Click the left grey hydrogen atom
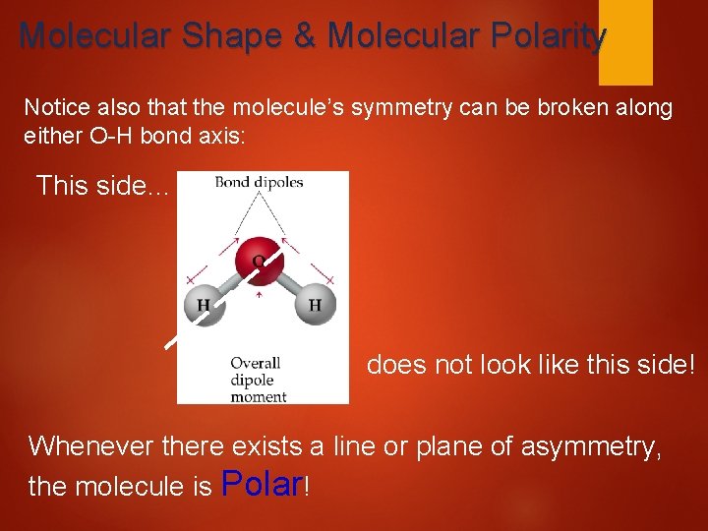coord(204,305)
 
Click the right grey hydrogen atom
coord(315,305)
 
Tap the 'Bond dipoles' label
coord(259,182)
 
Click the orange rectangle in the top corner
coord(625,42)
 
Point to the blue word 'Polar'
coord(264,484)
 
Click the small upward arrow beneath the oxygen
coord(258,293)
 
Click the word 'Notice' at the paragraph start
coord(55,107)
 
